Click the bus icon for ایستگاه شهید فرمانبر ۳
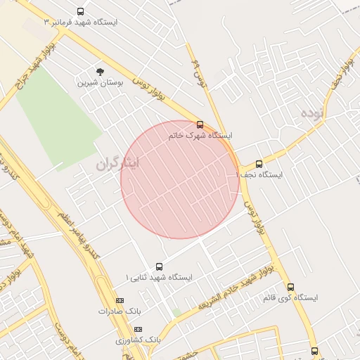tap(80, 12)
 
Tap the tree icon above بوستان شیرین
tap(100, 72)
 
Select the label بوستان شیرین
tap(101, 82)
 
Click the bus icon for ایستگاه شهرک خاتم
tap(200, 124)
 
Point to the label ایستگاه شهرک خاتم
tap(200, 135)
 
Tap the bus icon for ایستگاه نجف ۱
tap(259, 164)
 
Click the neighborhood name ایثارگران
tap(118, 164)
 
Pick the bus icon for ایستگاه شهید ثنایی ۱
tap(159, 267)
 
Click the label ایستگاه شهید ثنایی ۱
tap(159, 278)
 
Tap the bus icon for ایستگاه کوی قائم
tap(290, 287)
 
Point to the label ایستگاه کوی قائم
tap(290, 297)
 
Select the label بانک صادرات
tap(116, 310)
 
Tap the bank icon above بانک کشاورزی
tap(138, 329)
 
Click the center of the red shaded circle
tap(180, 180)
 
